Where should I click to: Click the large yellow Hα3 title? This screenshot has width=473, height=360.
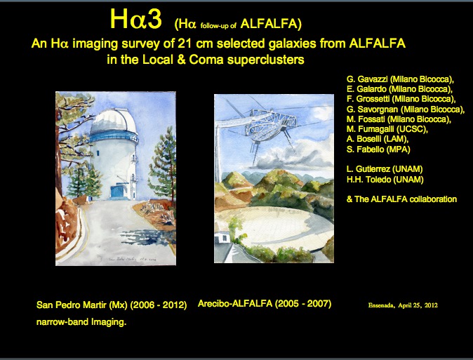point(135,19)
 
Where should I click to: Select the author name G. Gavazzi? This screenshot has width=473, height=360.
point(367,79)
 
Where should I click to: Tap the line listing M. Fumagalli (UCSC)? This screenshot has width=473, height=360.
point(387,129)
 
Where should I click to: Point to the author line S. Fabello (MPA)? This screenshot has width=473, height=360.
point(378,149)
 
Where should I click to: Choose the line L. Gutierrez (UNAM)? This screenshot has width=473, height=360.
point(385,169)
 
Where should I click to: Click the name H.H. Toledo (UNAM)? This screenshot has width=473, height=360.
point(385,180)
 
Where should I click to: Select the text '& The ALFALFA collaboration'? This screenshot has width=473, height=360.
point(401,199)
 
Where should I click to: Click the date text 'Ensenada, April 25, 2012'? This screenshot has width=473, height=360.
point(403,305)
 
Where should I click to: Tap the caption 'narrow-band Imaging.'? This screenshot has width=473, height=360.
point(81,322)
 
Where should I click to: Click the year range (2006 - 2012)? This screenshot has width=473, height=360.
point(159,305)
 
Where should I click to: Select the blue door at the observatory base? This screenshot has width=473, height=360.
point(117,192)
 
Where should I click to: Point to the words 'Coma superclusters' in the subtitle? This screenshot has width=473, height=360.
point(246,60)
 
